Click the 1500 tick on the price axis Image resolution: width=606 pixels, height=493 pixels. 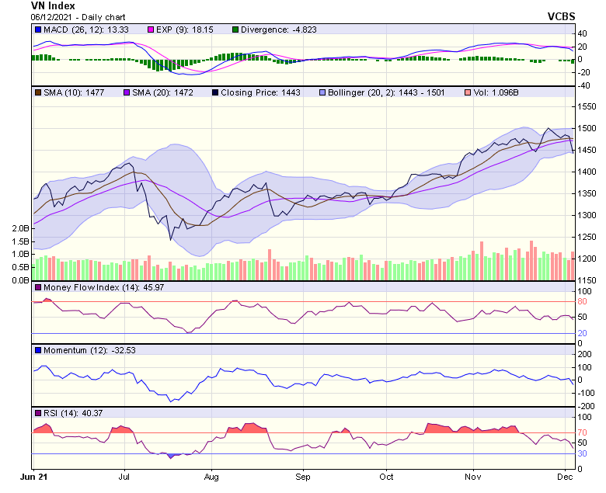click(587, 129)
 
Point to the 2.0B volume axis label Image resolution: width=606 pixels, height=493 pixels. click(19, 229)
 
